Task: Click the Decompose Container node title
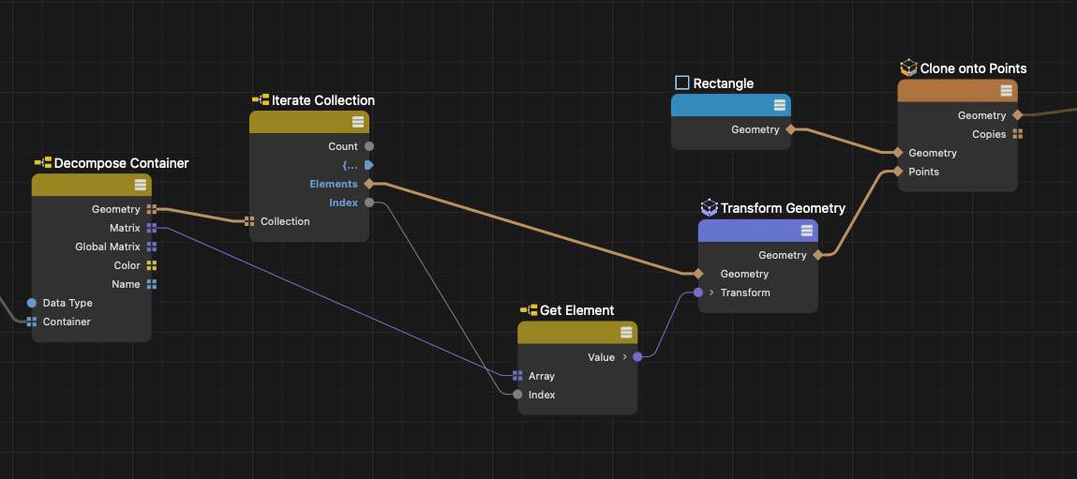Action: (121, 163)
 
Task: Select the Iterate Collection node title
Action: (322, 100)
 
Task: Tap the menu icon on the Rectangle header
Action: (779, 105)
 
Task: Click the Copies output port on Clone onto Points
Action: (1017, 134)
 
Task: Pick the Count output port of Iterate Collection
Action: (368, 146)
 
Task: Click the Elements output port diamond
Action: (368, 184)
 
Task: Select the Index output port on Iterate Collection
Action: (368, 202)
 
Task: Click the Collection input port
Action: (249, 221)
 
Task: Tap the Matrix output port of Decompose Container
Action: (152, 228)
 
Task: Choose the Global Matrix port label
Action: (108, 247)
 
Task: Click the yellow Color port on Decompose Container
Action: (152, 265)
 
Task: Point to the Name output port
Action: (152, 284)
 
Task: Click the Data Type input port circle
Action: (32, 303)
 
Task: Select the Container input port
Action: (32, 322)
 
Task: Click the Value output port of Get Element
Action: (637, 357)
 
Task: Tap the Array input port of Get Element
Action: (517, 376)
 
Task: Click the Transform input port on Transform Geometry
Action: (698, 292)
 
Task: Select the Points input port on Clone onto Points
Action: (898, 172)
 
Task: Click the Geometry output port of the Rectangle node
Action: (790, 129)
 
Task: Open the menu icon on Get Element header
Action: (625, 333)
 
